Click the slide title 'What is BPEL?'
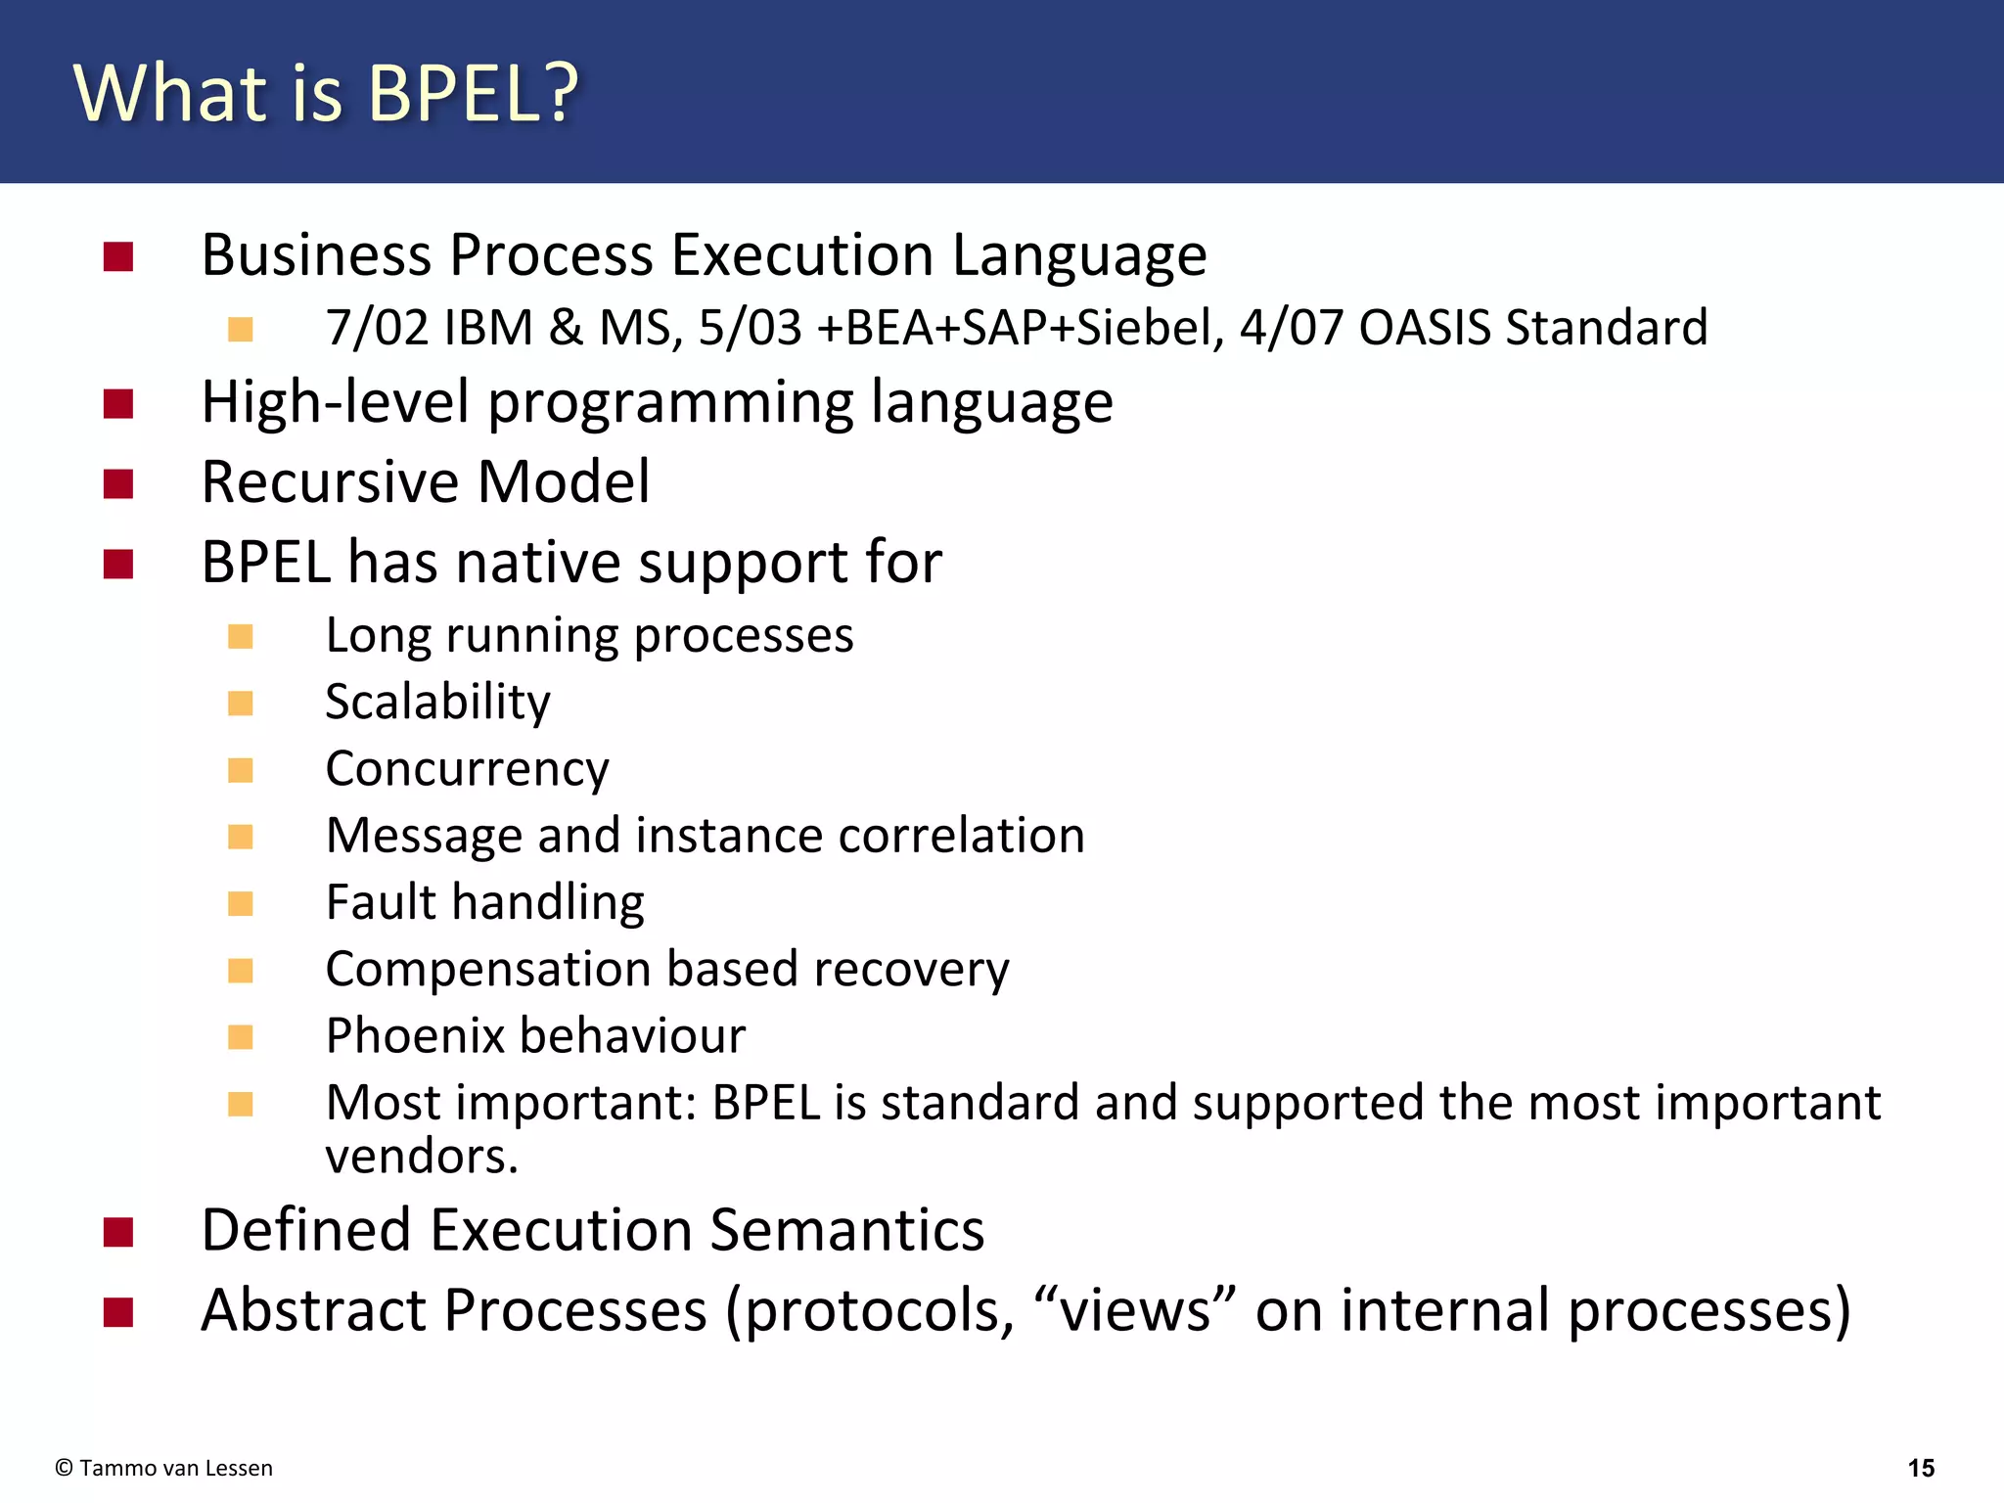coord(327,93)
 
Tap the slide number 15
coord(1921,1468)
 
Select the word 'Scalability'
coord(437,703)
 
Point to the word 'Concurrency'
coord(467,769)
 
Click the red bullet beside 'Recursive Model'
coord(118,484)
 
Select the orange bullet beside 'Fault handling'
coord(241,903)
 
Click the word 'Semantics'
coord(846,1230)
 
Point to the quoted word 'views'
coord(1135,1310)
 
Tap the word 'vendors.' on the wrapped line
coord(421,1158)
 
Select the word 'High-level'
coord(335,402)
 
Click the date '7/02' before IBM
coord(377,328)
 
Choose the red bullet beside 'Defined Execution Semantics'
coord(118,1233)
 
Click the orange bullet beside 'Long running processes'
coord(241,637)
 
